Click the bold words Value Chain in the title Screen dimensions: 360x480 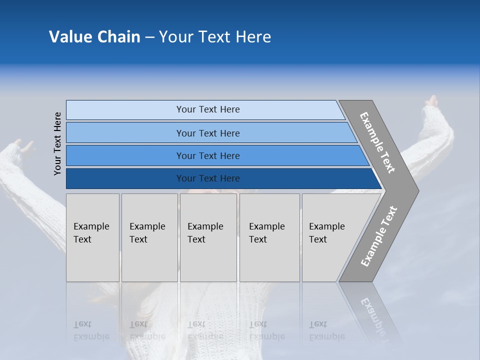click(94, 37)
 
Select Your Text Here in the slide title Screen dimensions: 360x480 click(215, 37)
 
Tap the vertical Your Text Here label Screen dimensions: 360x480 click(57, 143)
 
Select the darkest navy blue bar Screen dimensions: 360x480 click(220, 178)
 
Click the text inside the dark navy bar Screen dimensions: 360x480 click(208, 178)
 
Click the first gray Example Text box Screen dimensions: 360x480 click(92, 237)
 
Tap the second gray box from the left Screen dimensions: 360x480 click(149, 237)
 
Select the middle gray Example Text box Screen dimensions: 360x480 click(208, 237)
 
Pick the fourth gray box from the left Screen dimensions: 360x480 click(269, 237)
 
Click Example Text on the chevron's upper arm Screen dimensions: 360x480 click(377, 142)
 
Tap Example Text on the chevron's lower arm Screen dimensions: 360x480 click(378, 236)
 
